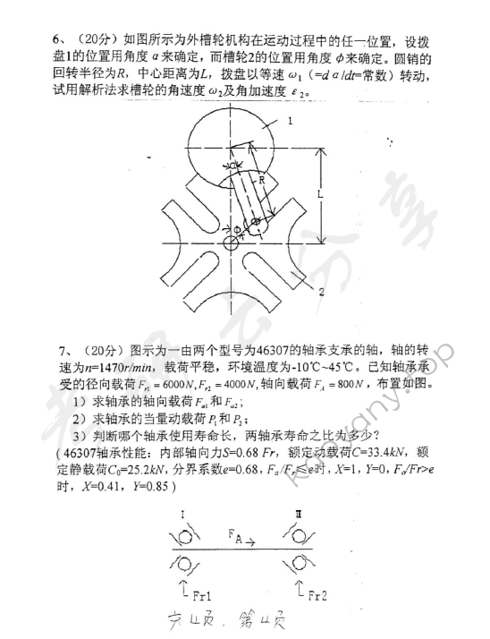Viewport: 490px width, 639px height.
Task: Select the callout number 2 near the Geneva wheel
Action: tap(319, 292)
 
